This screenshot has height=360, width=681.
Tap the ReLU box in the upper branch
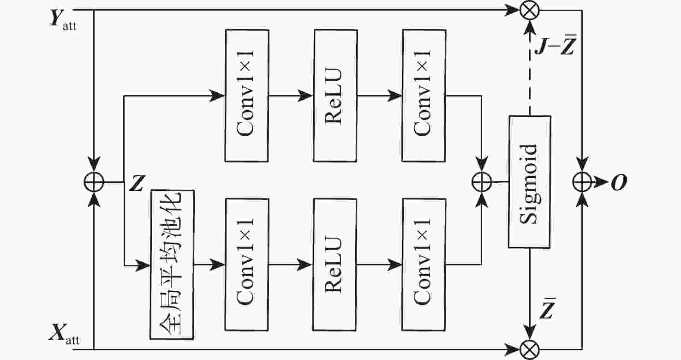[335, 96]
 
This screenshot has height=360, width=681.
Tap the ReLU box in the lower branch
[335, 264]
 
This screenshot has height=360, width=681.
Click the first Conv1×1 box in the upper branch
[246, 96]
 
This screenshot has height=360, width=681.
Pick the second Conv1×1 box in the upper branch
[424, 96]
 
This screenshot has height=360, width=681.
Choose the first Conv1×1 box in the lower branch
[246, 264]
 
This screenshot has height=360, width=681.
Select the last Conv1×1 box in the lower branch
[424, 264]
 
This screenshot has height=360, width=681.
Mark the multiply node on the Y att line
[529, 10]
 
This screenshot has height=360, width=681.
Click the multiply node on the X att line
[529, 349]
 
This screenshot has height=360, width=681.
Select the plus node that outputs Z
[94, 182]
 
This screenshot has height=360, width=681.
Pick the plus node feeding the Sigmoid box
[481, 182]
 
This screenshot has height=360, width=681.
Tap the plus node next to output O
[582, 182]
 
